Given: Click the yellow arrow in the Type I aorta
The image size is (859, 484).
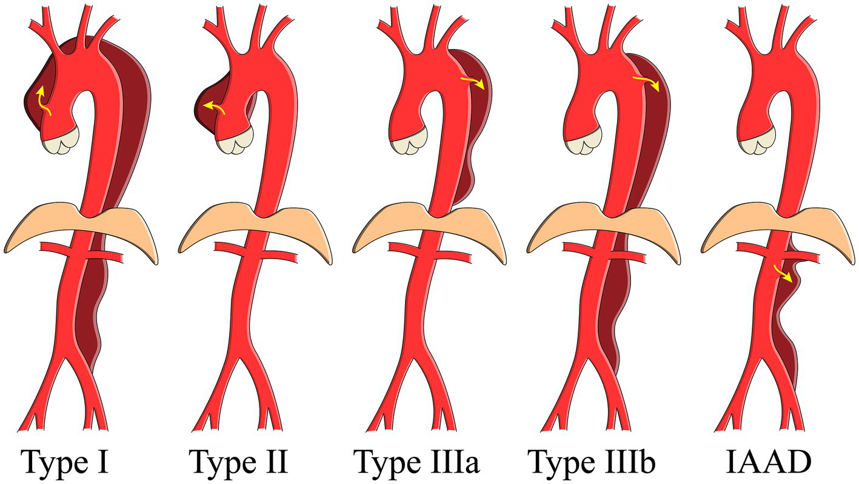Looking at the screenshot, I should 42,101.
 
